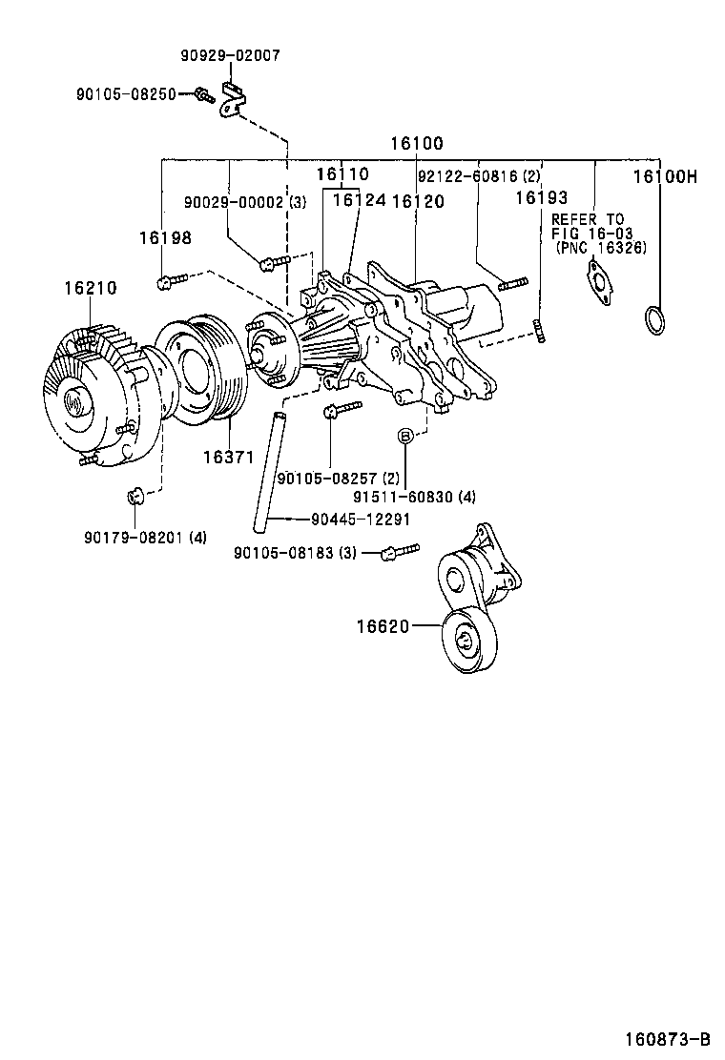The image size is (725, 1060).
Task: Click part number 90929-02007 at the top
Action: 230,56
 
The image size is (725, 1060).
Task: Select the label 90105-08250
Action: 126,94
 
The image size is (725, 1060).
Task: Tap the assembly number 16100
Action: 416,144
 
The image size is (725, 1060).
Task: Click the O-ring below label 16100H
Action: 652,319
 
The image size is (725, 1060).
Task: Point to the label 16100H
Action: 666,177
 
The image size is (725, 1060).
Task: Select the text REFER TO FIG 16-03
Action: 588,226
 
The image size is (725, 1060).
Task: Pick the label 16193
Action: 541,198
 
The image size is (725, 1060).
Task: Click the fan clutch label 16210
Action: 91,287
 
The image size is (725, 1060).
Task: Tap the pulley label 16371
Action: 227,458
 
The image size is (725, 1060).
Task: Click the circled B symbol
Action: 405,436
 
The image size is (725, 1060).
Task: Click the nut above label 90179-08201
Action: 135,496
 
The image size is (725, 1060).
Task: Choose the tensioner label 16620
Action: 383,626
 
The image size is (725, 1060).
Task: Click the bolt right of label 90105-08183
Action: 400,552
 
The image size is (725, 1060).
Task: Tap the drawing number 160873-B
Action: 668,1038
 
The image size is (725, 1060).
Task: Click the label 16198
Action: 165,238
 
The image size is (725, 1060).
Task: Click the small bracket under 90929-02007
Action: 232,98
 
